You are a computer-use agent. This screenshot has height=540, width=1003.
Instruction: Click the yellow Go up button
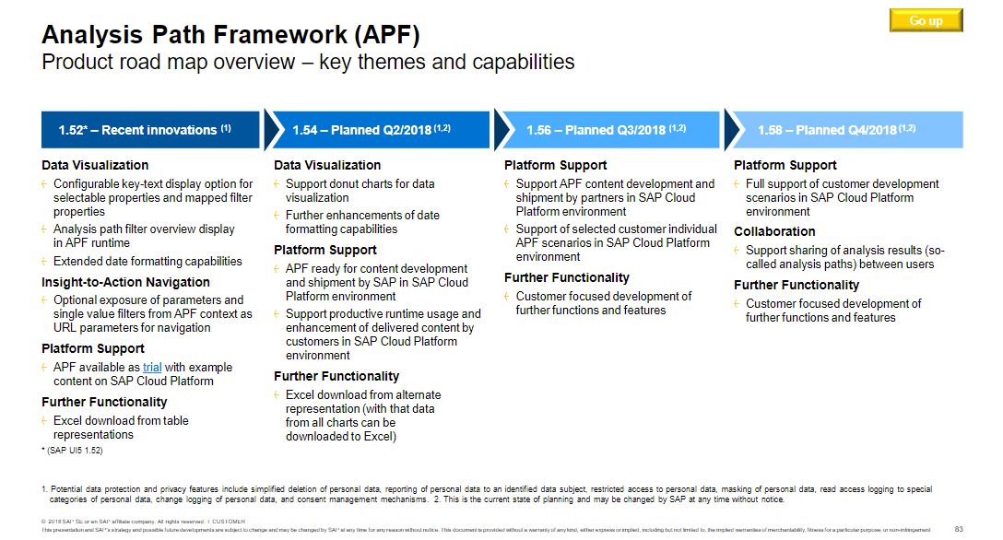926,20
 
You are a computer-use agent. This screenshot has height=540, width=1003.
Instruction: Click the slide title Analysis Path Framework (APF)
230,36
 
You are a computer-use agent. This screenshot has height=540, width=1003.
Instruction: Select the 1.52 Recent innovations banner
151,130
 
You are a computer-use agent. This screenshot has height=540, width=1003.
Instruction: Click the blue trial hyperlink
152,368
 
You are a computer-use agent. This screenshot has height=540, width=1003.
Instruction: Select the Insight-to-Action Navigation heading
125,283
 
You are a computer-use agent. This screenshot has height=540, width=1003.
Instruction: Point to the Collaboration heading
774,232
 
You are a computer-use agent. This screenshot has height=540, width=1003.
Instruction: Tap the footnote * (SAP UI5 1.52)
72,451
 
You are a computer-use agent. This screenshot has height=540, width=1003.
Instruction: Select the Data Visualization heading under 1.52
95,166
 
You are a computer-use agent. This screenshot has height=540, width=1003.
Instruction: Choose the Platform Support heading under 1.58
785,166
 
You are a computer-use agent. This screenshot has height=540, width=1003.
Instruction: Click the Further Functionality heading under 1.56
567,278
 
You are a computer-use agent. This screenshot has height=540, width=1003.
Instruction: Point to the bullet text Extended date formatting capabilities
147,262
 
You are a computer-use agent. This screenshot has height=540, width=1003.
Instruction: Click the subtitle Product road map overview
308,63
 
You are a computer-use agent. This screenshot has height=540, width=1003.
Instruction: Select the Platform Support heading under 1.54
325,251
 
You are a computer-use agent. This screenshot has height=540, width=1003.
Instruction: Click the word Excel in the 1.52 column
69,421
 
